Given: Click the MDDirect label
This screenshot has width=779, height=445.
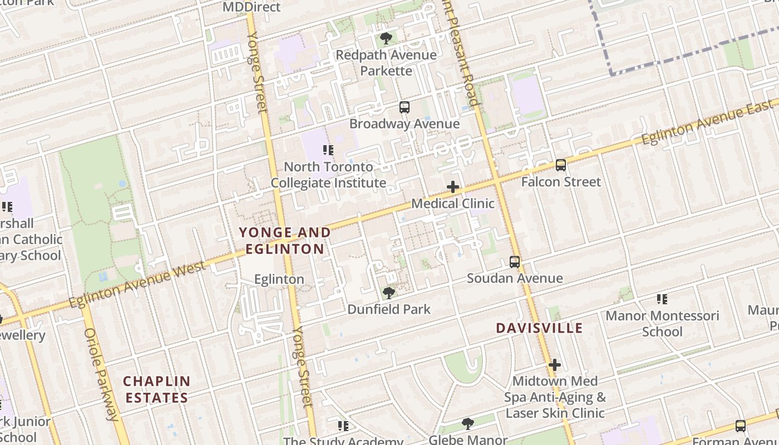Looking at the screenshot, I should pyautogui.click(x=252, y=7).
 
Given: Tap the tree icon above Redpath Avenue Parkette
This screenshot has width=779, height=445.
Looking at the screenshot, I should pyautogui.click(x=386, y=38).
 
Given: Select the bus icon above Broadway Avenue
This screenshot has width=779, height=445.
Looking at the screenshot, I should pyautogui.click(x=405, y=107).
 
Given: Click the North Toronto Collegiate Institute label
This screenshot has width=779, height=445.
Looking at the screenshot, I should pyautogui.click(x=328, y=175).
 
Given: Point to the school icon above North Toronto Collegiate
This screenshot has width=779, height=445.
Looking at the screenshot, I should pyautogui.click(x=328, y=150).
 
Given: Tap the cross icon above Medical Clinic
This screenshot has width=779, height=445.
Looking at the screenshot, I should pyautogui.click(x=453, y=187).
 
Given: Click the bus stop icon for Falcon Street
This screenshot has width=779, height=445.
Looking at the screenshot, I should pyautogui.click(x=561, y=165).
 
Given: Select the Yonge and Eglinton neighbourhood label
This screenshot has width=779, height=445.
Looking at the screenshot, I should pyautogui.click(x=285, y=240).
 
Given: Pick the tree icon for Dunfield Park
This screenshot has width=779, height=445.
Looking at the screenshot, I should pyautogui.click(x=389, y=293).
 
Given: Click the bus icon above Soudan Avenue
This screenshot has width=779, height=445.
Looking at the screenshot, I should pyautogui.click(x=515, y=261).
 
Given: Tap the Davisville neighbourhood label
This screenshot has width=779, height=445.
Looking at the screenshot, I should pyautogui.click(x=539, y=328).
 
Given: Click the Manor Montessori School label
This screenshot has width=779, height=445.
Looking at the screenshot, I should pyautogui.click(x=662, y=323).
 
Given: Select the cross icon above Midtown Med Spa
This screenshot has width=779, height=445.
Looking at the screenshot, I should pyautogui.click(x=554, y=365).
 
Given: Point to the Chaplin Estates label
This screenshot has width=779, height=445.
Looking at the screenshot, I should pyautogui.click(x=156, y=389).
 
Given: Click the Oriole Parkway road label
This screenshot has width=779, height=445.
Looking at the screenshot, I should pyautogui.click(x=101, y=374).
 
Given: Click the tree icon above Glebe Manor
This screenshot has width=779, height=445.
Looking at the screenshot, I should pyautogui.click(x=468, y=424).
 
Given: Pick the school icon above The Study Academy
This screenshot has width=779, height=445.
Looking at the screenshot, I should pyautogui.click(x=343, y=426).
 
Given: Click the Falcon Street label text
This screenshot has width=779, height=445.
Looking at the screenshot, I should pyautogui.click(x=561, y=182).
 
